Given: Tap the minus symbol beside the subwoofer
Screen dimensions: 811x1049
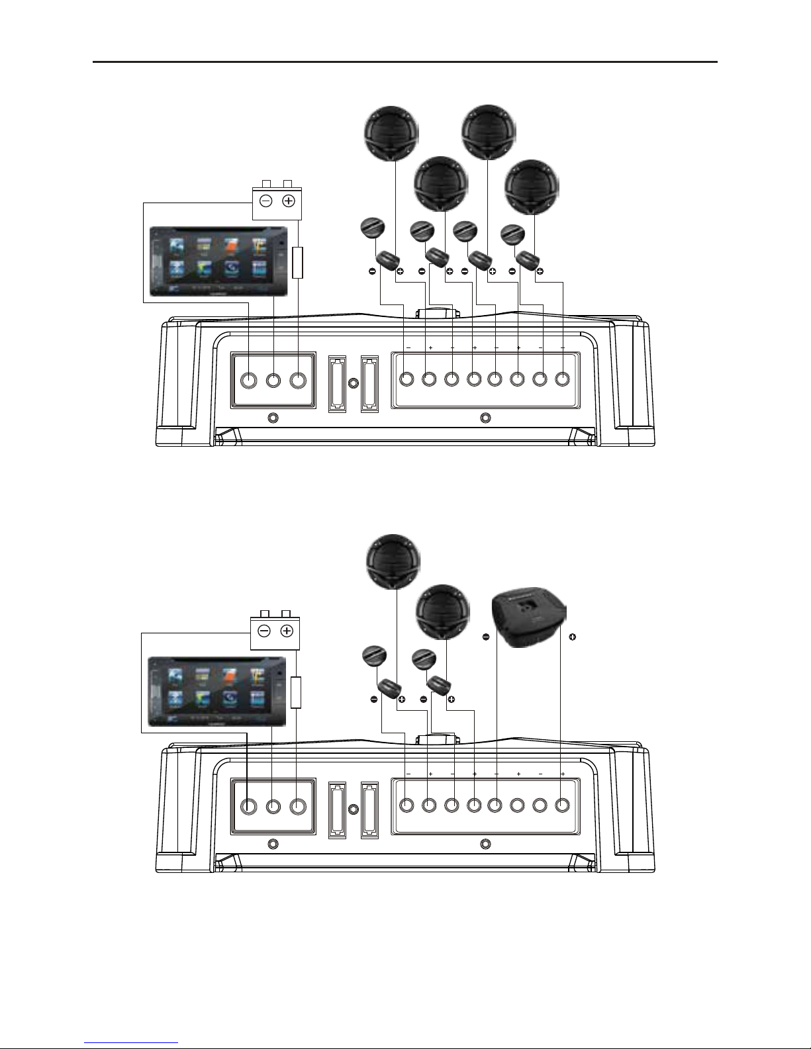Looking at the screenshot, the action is pyautogui.click(x=485, y=637).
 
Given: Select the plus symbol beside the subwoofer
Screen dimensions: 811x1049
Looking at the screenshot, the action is pyautogui.click(x=572, y=637).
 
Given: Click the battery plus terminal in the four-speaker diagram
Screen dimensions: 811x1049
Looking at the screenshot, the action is pyautogui.click(x=289, y=201).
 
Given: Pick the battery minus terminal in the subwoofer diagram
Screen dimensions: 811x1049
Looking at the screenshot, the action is pyautogui.click(x=264, y=631).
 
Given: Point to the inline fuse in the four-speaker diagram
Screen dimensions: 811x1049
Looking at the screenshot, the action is pyautogui.click(x=298, y=262).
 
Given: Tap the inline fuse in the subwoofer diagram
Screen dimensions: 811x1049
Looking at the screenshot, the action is pyautogui.click(x=296, y=692).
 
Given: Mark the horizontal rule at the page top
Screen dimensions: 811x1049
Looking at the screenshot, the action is pyautogui.click(x=405, y=62).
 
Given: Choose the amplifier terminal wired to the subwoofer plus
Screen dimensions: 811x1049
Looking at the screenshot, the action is pyautogui.click(x=562, y=805).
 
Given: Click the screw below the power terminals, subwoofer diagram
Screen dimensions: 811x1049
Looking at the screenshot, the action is pyautogui.click(x=272, y=844).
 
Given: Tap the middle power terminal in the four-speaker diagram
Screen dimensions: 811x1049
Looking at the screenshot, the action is pyautogui.click(x=273, y=380).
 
